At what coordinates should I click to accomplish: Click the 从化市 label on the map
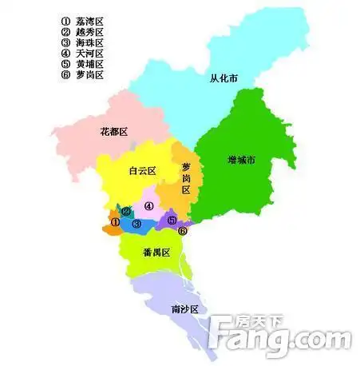224,78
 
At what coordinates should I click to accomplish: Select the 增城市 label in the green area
239,160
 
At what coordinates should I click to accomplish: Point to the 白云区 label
141,170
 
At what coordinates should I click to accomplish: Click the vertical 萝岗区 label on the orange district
186,178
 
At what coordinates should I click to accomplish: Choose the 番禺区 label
156,253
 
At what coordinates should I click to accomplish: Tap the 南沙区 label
184,308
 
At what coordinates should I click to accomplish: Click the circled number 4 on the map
148,205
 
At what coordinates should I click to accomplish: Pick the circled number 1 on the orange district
116,222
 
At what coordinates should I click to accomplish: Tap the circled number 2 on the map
126,212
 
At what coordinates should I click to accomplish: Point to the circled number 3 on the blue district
136,224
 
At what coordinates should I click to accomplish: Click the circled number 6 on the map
183,232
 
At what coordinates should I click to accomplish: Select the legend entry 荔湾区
83,19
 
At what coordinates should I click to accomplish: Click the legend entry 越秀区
83,30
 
